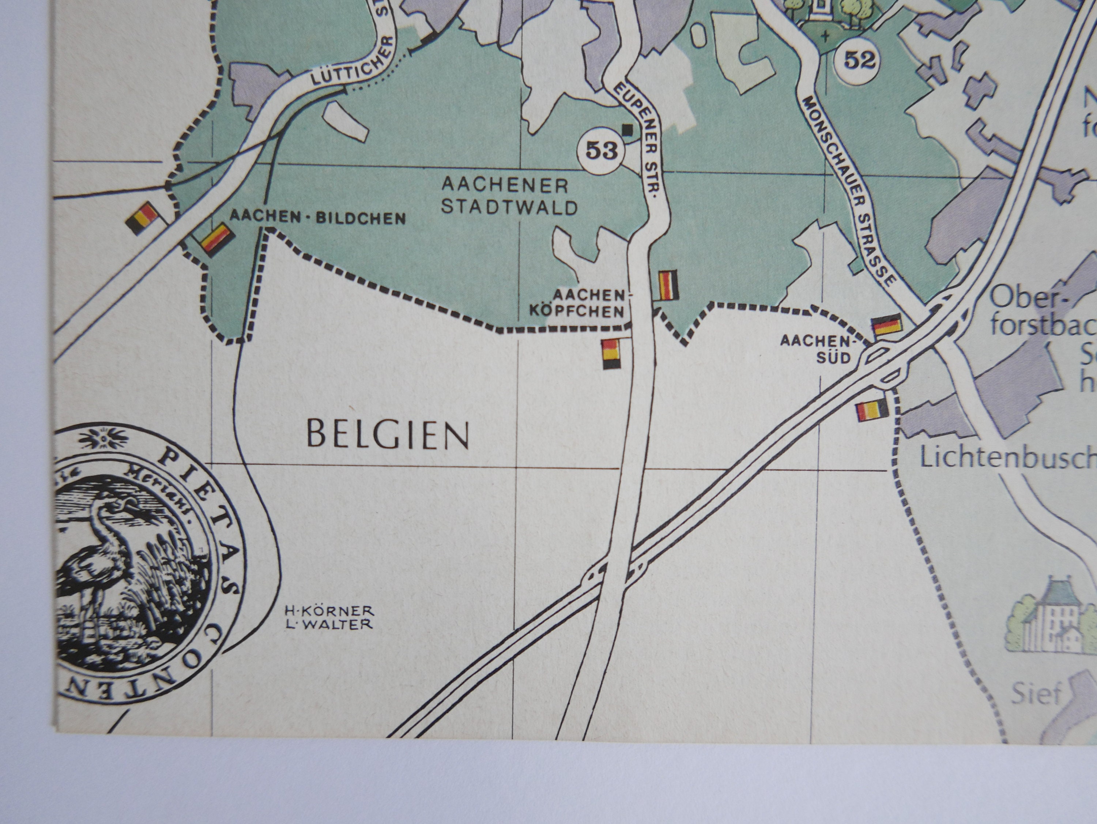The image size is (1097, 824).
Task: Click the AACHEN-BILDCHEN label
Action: [318, 218]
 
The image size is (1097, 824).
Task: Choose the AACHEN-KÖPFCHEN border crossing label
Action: [589, 304]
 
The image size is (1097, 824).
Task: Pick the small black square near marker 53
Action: [628, 129]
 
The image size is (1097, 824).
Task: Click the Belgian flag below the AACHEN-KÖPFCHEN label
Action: [611, 354]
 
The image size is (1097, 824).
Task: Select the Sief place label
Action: [1036, 693]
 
